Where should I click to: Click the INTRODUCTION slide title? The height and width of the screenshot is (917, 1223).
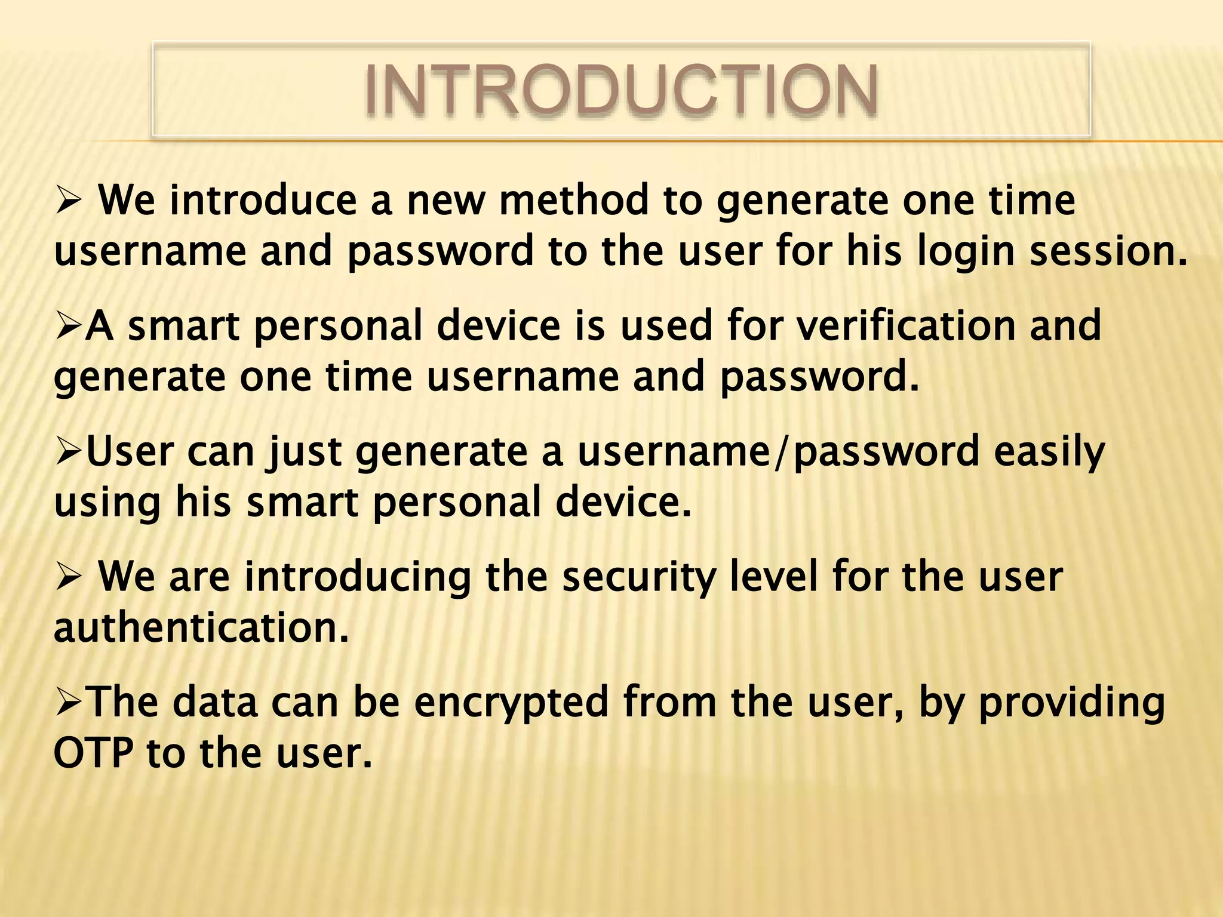[621, 90]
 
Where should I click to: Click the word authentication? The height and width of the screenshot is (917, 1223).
[201, 628]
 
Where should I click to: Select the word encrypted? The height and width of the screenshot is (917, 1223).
[511, 703]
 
